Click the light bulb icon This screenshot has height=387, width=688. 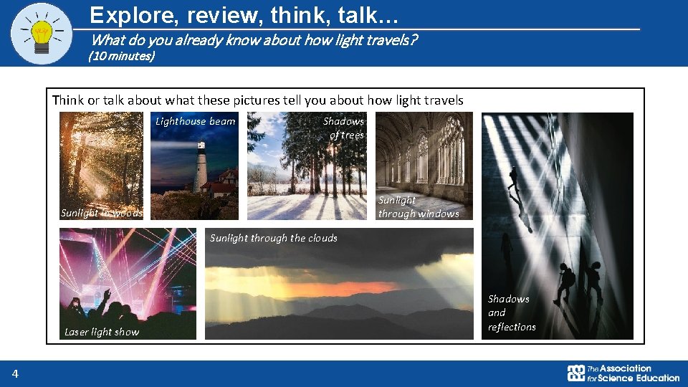(x=42, y=33)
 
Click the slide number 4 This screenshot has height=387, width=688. (x=14, y=373)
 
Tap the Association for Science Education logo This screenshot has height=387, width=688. (x=623, y=373)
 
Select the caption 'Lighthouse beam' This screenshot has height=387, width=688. (x=196, y=121)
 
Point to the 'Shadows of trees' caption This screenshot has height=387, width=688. (x=345, y=128)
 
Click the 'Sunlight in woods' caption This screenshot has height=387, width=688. (x=102, y=213)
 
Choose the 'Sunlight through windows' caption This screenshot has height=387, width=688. (x=419, y=206)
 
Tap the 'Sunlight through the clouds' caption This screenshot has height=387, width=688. (x=273, y=238)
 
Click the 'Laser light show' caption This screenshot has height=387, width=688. (x=102, y=332)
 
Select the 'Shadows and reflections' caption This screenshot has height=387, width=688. (x=512, y=312)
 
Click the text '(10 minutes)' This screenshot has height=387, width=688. (x=121, y=56)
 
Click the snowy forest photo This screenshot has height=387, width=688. (x=306, y=172)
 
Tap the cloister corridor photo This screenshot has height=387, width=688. (x=424, y=154)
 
